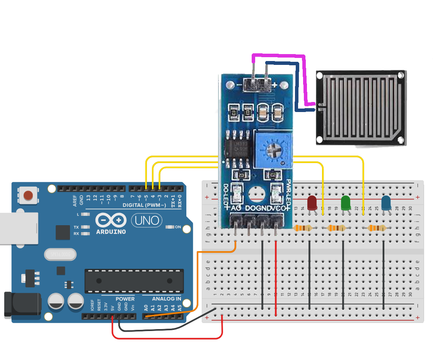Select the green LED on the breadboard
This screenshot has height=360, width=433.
point(346,203)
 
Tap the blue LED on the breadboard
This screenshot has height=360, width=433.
point(386,203)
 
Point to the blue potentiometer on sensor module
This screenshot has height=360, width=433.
point(273,149)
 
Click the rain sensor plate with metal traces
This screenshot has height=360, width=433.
point(360,108)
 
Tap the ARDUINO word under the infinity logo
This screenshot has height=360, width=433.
point(111,232)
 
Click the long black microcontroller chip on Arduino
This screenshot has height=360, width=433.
point(133,281)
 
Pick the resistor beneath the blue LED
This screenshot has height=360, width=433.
point(378,228)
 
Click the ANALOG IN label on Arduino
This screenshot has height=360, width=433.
point(167,299)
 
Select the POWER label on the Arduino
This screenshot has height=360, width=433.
point(125,299)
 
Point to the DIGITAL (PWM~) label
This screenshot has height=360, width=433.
point(144,205)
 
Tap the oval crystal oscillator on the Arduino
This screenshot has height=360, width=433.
point(60,255)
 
